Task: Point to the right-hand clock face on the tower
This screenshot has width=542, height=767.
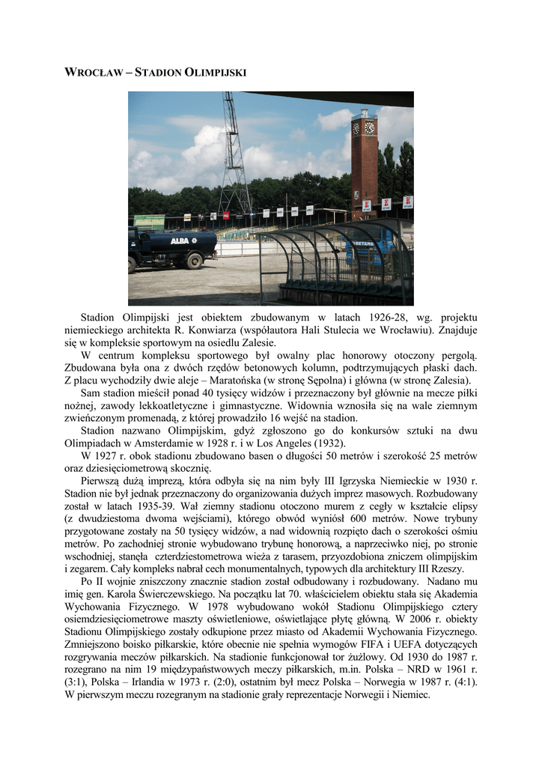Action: tap(370, 127)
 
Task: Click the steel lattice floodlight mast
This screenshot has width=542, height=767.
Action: tap(234, 157)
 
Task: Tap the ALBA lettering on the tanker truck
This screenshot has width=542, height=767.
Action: tap(180, 240)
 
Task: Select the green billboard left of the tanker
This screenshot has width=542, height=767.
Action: tap(149, 222)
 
